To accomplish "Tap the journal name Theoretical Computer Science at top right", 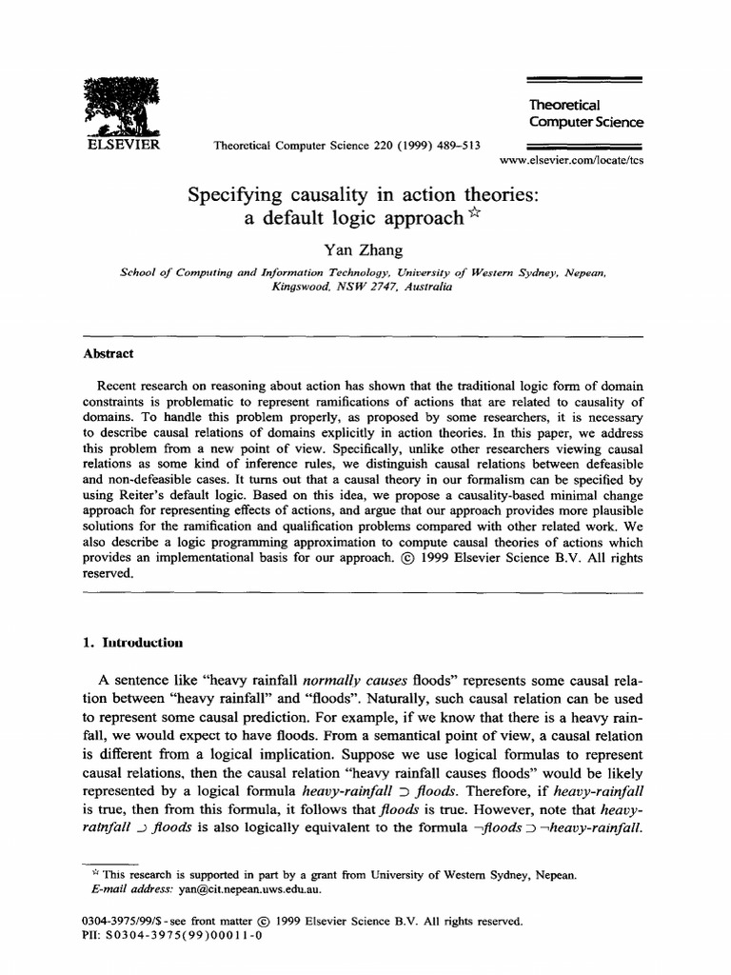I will [x=585, y=113].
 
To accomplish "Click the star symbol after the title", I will [x=476, y=213].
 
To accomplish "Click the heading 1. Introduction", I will [x=133, y=642].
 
